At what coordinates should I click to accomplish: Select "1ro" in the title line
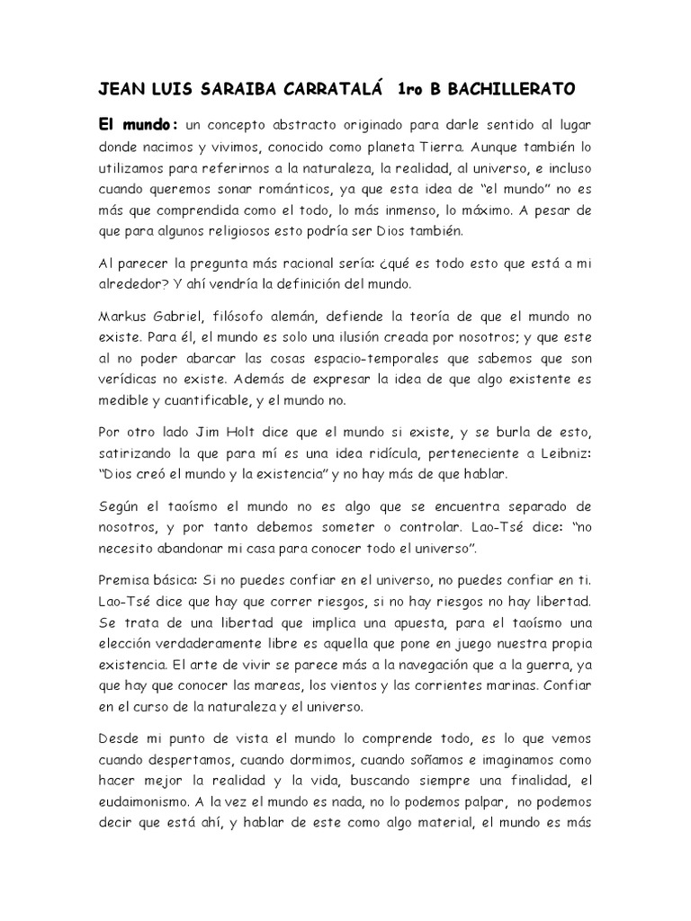point(408,90)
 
